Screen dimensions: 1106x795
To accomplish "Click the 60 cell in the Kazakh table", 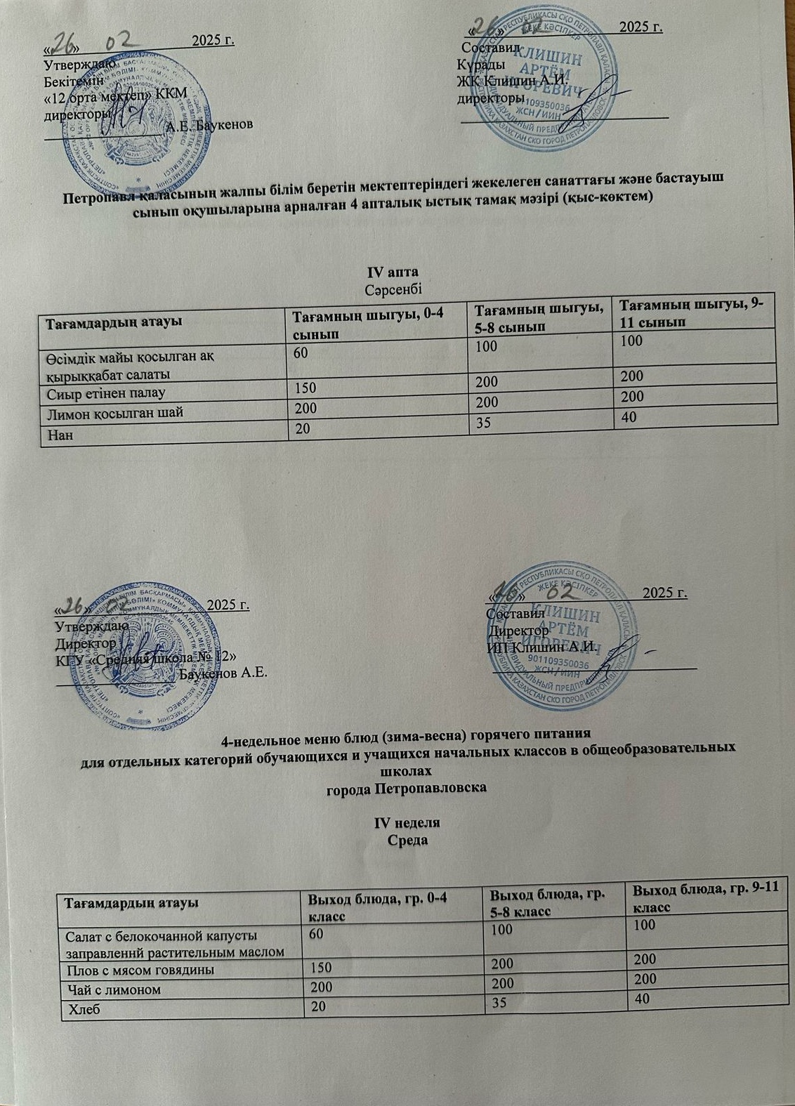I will tap(300, 353).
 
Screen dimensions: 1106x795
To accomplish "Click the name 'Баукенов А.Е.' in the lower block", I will tap(224, 673).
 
